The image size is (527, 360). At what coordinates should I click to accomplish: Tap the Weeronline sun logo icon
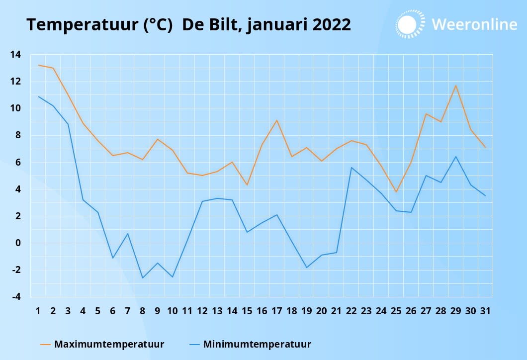coord(410,23)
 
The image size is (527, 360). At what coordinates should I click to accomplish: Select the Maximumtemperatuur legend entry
coord(109,344)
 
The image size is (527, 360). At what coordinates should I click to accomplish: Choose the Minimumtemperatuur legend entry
coord(257,344)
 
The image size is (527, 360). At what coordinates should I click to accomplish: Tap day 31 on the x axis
coord(485,311)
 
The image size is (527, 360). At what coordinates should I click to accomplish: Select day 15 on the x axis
coord(247,311)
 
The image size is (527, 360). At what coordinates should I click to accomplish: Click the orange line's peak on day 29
coord(455,86)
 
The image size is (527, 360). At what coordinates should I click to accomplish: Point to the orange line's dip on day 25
coord(396,192)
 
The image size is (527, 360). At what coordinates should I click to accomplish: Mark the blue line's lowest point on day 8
coord(143,278)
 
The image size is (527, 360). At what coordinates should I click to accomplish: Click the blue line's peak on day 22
coord(351,168)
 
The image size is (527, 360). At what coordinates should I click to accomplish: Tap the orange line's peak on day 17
coord(277,120)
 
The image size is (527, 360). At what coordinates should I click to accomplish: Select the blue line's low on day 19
coord(307,268)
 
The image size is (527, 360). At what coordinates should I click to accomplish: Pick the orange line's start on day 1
coord(38,65)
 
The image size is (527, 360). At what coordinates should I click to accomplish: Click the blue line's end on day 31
coord(485,196)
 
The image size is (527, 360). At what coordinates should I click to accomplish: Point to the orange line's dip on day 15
coord(247,185)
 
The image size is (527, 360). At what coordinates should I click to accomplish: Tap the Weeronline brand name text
coord(474,24)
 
